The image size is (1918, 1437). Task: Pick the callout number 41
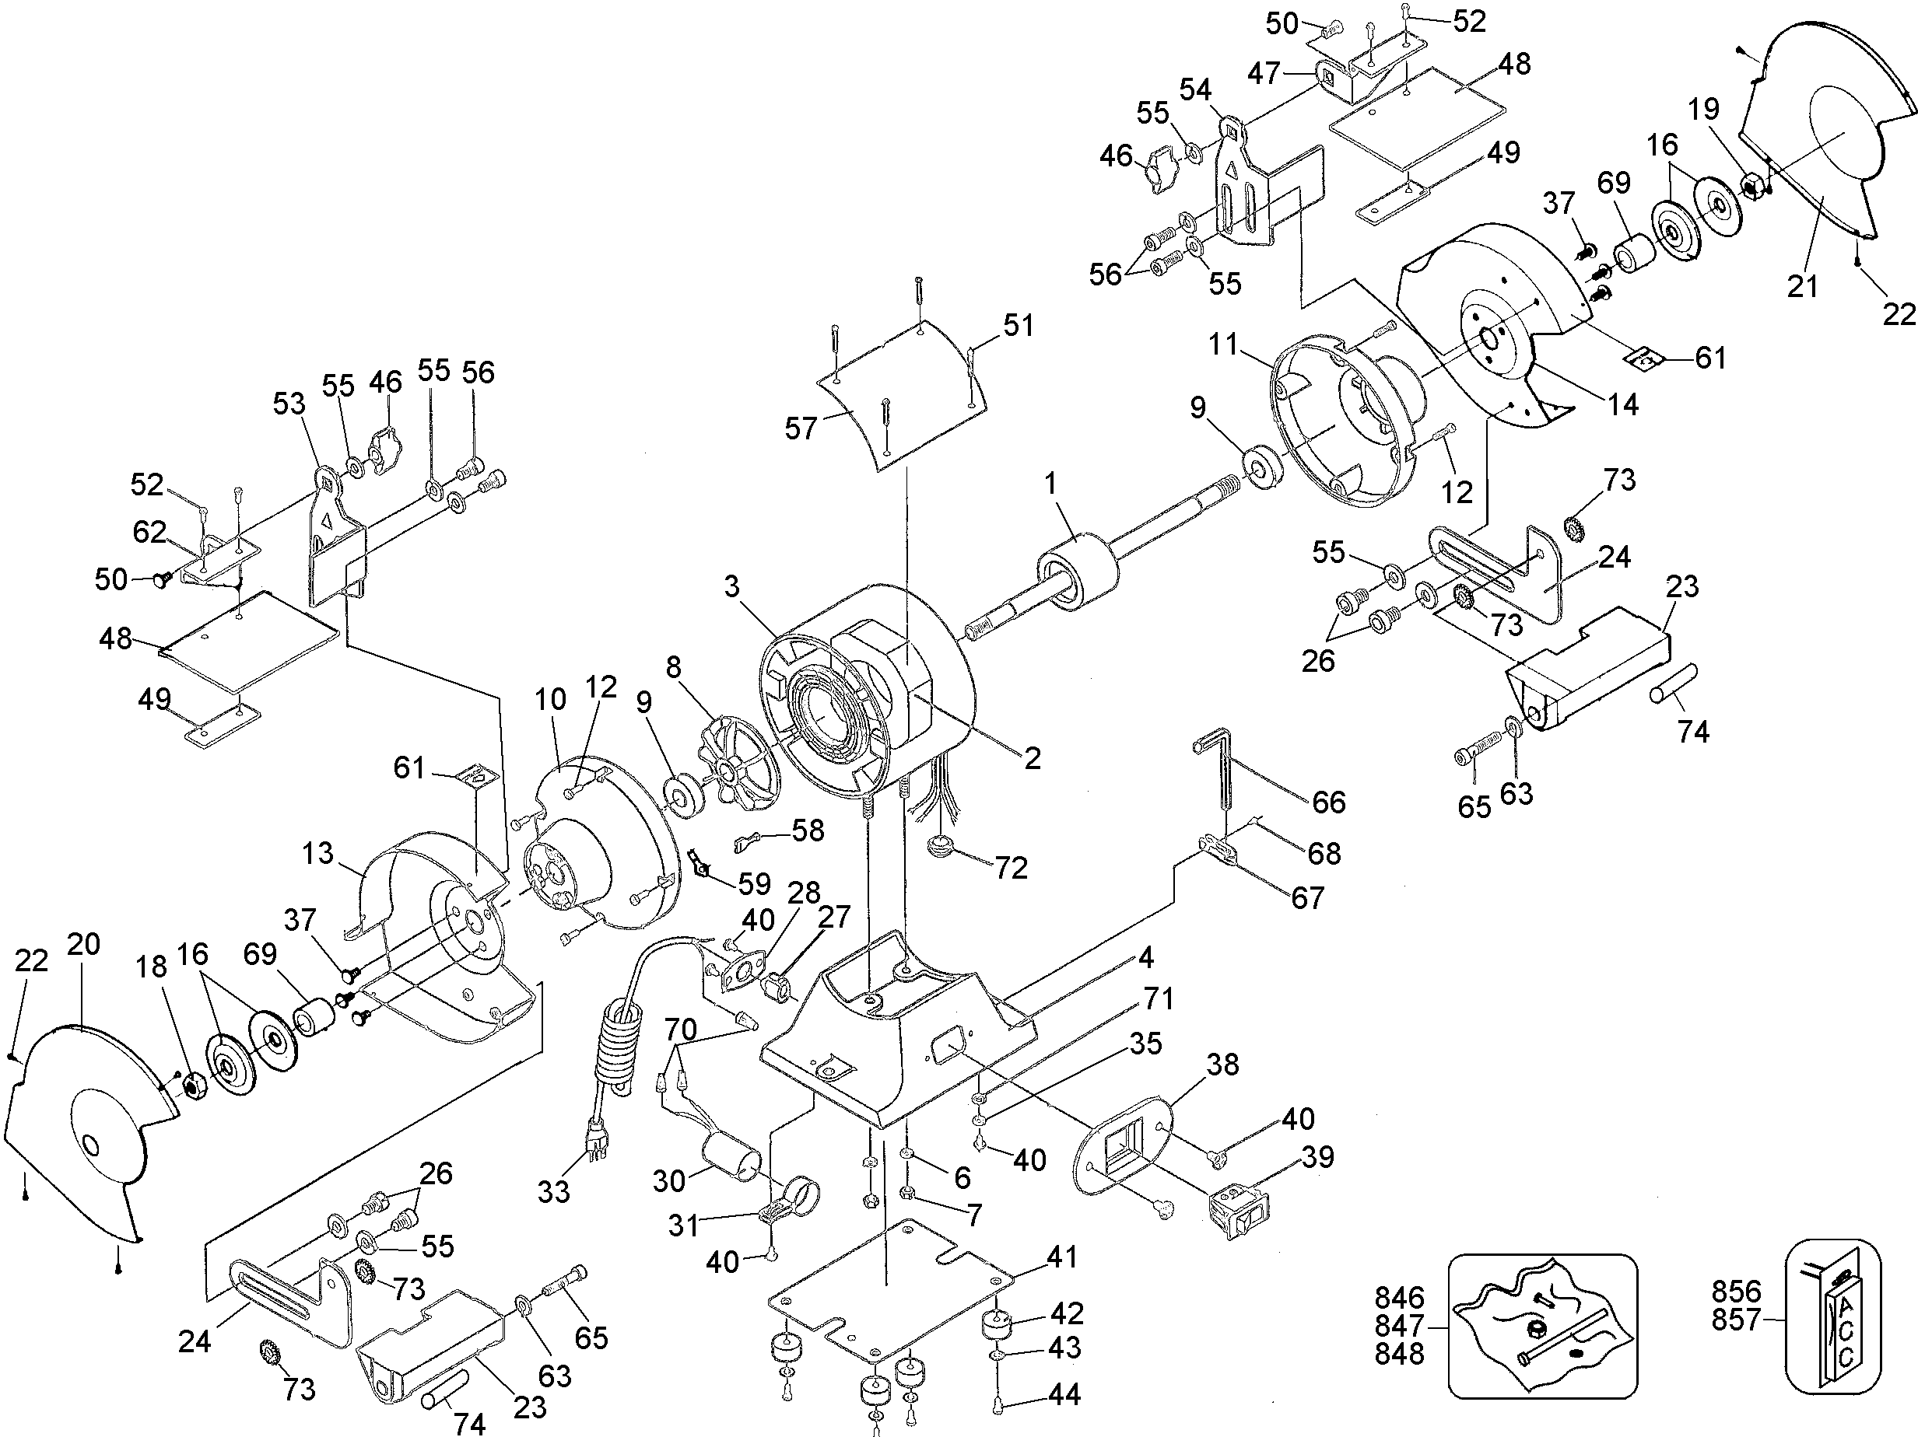coord(1062,1256)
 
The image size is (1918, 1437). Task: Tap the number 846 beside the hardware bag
coord(1400,1298)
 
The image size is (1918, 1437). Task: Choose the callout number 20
coord(84,944)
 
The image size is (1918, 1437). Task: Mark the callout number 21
coord(1803,285)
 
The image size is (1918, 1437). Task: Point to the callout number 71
coord(1159,998)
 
